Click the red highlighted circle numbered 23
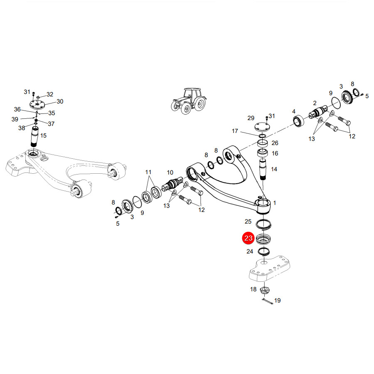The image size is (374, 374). [249, 238]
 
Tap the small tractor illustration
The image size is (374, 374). [189, 101]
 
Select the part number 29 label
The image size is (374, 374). [251, 118]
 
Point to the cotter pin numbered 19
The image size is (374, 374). [268, 302]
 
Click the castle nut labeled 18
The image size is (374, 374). [265, 290]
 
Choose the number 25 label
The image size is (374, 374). [248, 221]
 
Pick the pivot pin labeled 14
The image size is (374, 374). [263, 170]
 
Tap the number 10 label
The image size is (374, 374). [170, 172]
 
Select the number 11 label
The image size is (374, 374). [148, 172]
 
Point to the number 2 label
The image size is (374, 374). [315, 103]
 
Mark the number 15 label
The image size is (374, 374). [43, 135]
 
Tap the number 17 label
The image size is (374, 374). [235, 131]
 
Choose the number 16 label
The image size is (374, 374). [275, 153]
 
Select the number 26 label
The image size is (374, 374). [275, 143]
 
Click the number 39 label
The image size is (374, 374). [15, 119]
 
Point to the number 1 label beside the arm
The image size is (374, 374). [275, 203]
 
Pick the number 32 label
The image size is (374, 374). [50, 94]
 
